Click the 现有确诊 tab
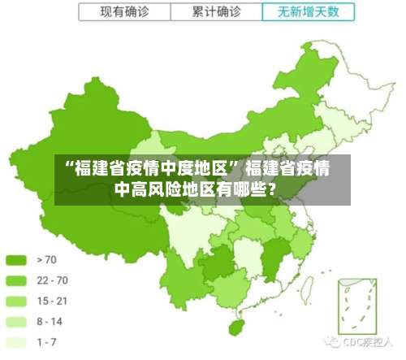123,12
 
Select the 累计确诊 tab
216,12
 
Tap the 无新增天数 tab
309,12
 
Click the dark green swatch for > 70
16,260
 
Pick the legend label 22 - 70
53,280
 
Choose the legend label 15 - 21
52,301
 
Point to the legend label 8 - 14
50,322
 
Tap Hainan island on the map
237,327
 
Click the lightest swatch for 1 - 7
16,342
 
